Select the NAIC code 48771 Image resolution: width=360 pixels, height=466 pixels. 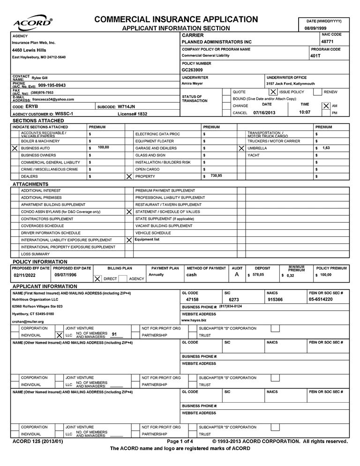tap(327, 42)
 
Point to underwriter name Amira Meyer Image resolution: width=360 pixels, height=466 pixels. tap(193, 83)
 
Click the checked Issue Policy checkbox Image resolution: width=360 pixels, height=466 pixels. tap(273, 92)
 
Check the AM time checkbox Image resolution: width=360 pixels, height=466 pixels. tap(326, 106)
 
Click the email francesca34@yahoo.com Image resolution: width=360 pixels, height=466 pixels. tap(52, 99)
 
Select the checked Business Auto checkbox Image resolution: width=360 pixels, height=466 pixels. tap(15, 148)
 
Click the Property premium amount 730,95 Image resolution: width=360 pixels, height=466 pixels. tap(216, 175)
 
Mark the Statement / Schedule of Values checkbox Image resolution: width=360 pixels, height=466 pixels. tap(129, 211)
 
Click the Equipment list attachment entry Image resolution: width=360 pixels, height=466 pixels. tap(147, 240)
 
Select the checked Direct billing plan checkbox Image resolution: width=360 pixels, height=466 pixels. tap(97, 278)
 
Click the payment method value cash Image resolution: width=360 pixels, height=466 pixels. tap(192, 275)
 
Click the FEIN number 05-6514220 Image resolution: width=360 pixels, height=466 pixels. tap(321, 299)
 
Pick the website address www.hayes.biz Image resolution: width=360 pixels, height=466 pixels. tap(194, 320)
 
